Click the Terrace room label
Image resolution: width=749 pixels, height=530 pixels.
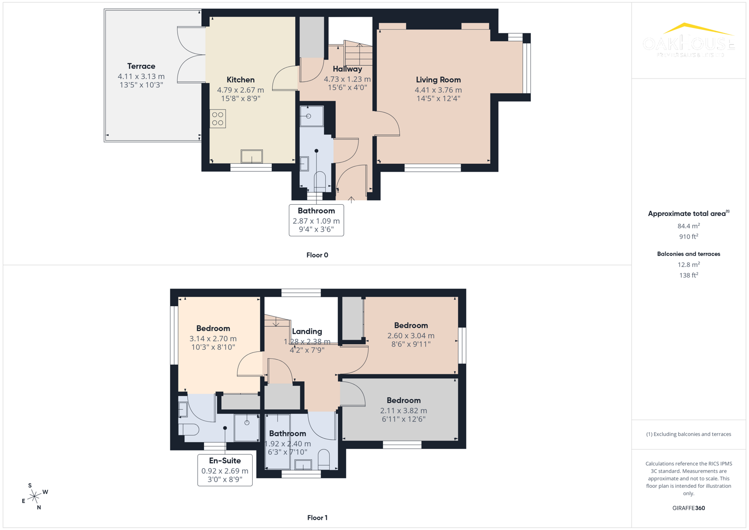click(x=141, y=66)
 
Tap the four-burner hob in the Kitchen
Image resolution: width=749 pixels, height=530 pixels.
click(x=218, y=119)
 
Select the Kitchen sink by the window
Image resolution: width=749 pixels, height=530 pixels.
click(x=252, y=157)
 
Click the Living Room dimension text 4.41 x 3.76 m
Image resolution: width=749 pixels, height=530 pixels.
click(x=438, y=90)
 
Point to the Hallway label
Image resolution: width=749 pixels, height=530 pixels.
click(x=347, y=69)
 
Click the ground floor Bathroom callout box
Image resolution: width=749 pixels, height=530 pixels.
click(x=316, y=220)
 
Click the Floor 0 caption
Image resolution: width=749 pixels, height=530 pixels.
click(x=317, y=255)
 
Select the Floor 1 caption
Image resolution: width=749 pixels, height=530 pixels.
click(x=317, y=518)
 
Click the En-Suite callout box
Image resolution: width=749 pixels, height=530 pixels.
click(x=225, y=470)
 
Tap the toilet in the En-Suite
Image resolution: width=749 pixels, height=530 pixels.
click(x=189, y=429)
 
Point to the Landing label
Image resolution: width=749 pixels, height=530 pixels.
click(x=307, y=332)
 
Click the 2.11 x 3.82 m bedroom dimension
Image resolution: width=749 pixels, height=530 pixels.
click(x=403, y=411)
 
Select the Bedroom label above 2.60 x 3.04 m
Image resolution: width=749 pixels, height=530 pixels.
click(x=411, y=325)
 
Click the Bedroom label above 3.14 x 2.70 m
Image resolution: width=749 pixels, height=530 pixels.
click(x=213, y=328)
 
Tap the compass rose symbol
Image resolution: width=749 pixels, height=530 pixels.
click(x=34, y=497)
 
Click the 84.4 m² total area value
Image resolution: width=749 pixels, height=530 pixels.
click(x=689, y=226)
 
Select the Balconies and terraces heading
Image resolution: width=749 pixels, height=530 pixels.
click(x=689, y=254)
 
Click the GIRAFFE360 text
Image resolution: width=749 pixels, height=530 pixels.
click(x=689, y=508)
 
